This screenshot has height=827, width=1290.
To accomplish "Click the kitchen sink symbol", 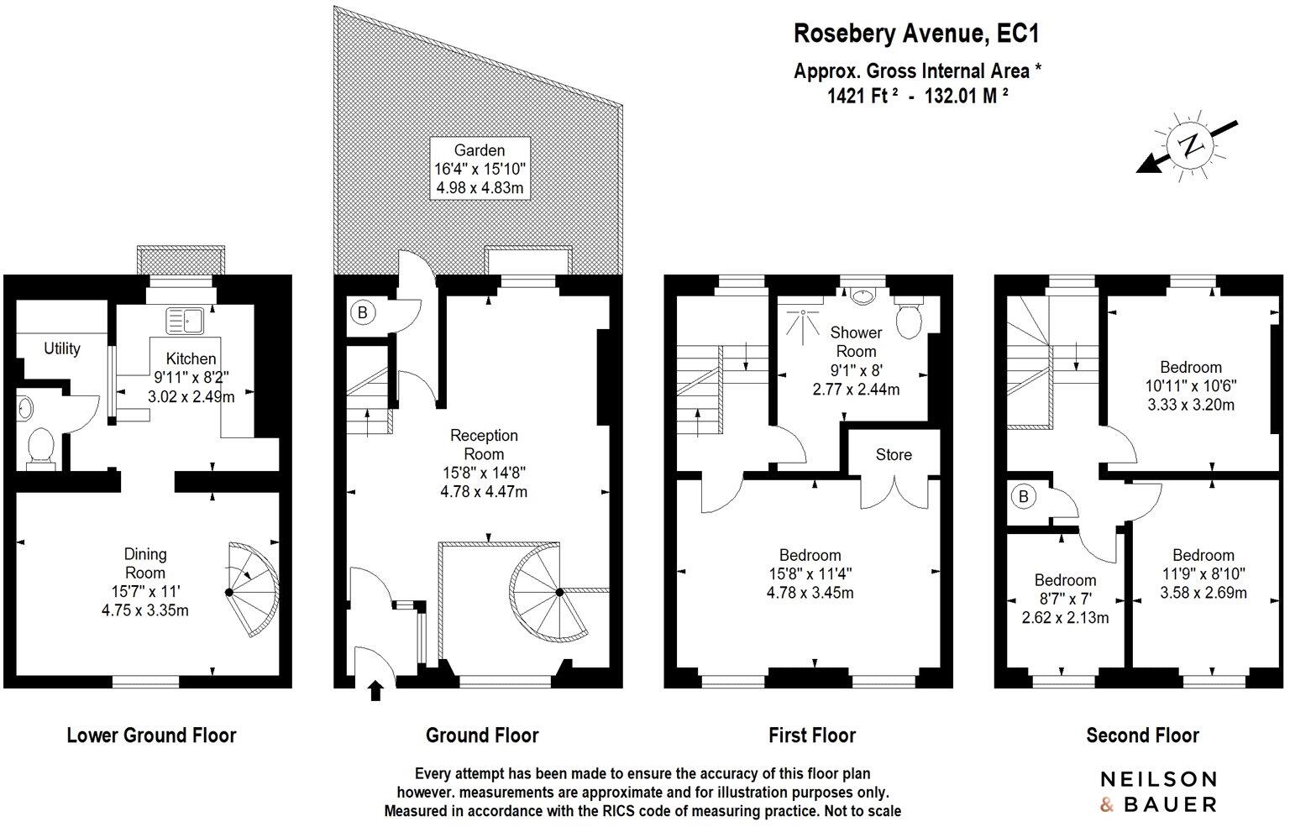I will pyautogui.click(x=186, y=320).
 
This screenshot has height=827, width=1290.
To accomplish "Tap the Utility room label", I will pyautogui.click(x=62, y=348).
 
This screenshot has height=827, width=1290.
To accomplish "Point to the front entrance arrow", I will pyautogui.click(x=375, y=691).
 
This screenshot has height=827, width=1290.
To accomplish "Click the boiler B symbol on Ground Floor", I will pyautogui.click(x=362, y=313).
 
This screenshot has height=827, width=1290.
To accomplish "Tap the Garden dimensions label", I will pyautogui.click(x=480, y=170).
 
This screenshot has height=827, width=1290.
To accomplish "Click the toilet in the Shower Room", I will pyautogui.click(x=909, y=317).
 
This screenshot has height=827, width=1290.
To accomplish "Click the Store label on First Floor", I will pyautogui.click(x=893, y=454).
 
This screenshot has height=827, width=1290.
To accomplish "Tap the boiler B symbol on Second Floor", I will pyautogui.click(x=1023, y=496).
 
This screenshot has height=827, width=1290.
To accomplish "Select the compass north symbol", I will pyautogui.click(x=1190, y=144).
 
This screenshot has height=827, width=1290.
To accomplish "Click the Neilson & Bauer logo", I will pyautogui.click(x=1158, y=792).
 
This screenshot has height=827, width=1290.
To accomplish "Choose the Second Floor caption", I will pyautogui.click(x=1142, y=735).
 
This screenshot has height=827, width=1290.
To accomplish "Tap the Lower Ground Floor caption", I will pyautogui.click(x=151, y=735).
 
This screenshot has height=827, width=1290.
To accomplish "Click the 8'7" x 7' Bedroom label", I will pyautogui.click(x=1065, y=599).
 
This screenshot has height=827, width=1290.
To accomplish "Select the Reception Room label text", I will pyautogui.click(x=484, y=444).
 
